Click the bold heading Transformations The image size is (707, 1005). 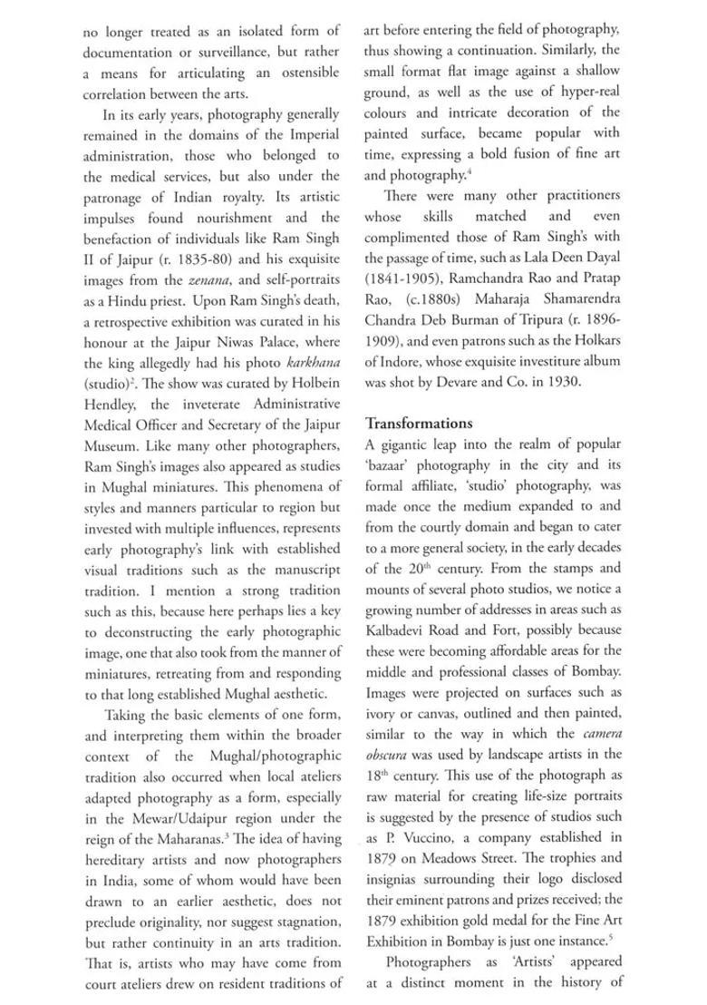pyautogui.click(x=419, y=423)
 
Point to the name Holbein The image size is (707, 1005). pyautogui.click(x=314, y=384)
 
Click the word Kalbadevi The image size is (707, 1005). pyautogui.click(x=401, y=629)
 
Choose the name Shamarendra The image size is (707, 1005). pyautogui.click(x=567, y=320)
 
